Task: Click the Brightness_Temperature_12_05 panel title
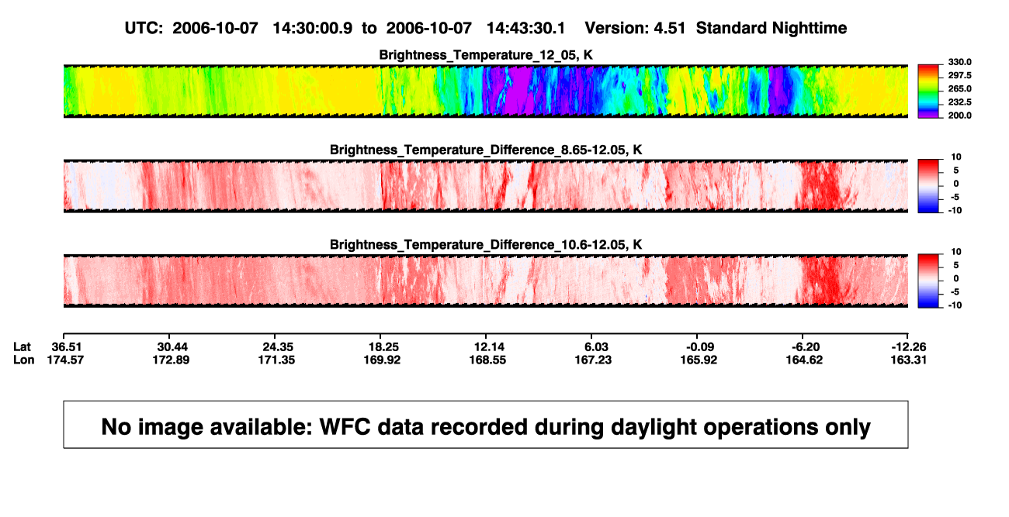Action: (x=486, y=55)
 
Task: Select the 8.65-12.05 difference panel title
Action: (x=486, y=150)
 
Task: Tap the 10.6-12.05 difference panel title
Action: (x=486, y=245)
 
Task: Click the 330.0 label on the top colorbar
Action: (x=959, y=62)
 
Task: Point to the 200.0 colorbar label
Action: (x=959, y=115)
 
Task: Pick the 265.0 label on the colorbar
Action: (x=959, y=88)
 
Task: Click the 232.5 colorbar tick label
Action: (x=959, y=102)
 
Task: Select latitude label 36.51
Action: (x=66, y=347)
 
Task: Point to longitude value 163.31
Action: (x=908, y=360)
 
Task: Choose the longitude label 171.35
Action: (x=276, y=360)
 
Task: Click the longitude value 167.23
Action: (x=593, y=360)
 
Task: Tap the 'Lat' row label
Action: (x=22, y=347)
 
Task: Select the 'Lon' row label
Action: (x=23, y=360)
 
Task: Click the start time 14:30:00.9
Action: (x=313, y=29)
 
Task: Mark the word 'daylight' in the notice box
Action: (x=652, y=427)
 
